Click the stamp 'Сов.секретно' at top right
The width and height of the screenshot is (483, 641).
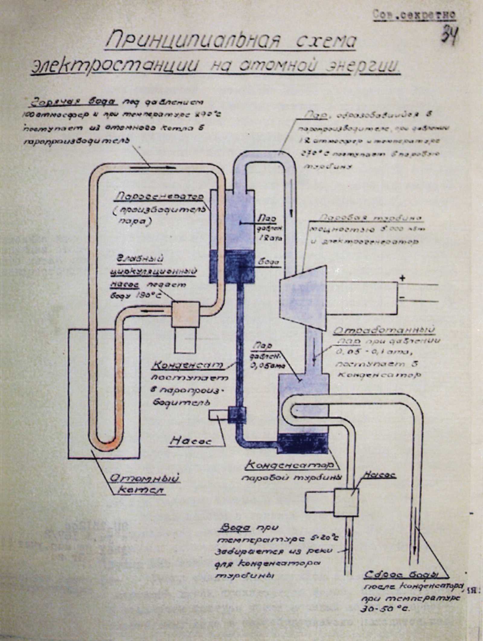pos(414,15)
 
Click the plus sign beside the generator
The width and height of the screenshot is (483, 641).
pos(402,278)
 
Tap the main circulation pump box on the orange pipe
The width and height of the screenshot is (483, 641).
pos(185,314)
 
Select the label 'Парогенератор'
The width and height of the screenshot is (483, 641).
pos(159,196)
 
